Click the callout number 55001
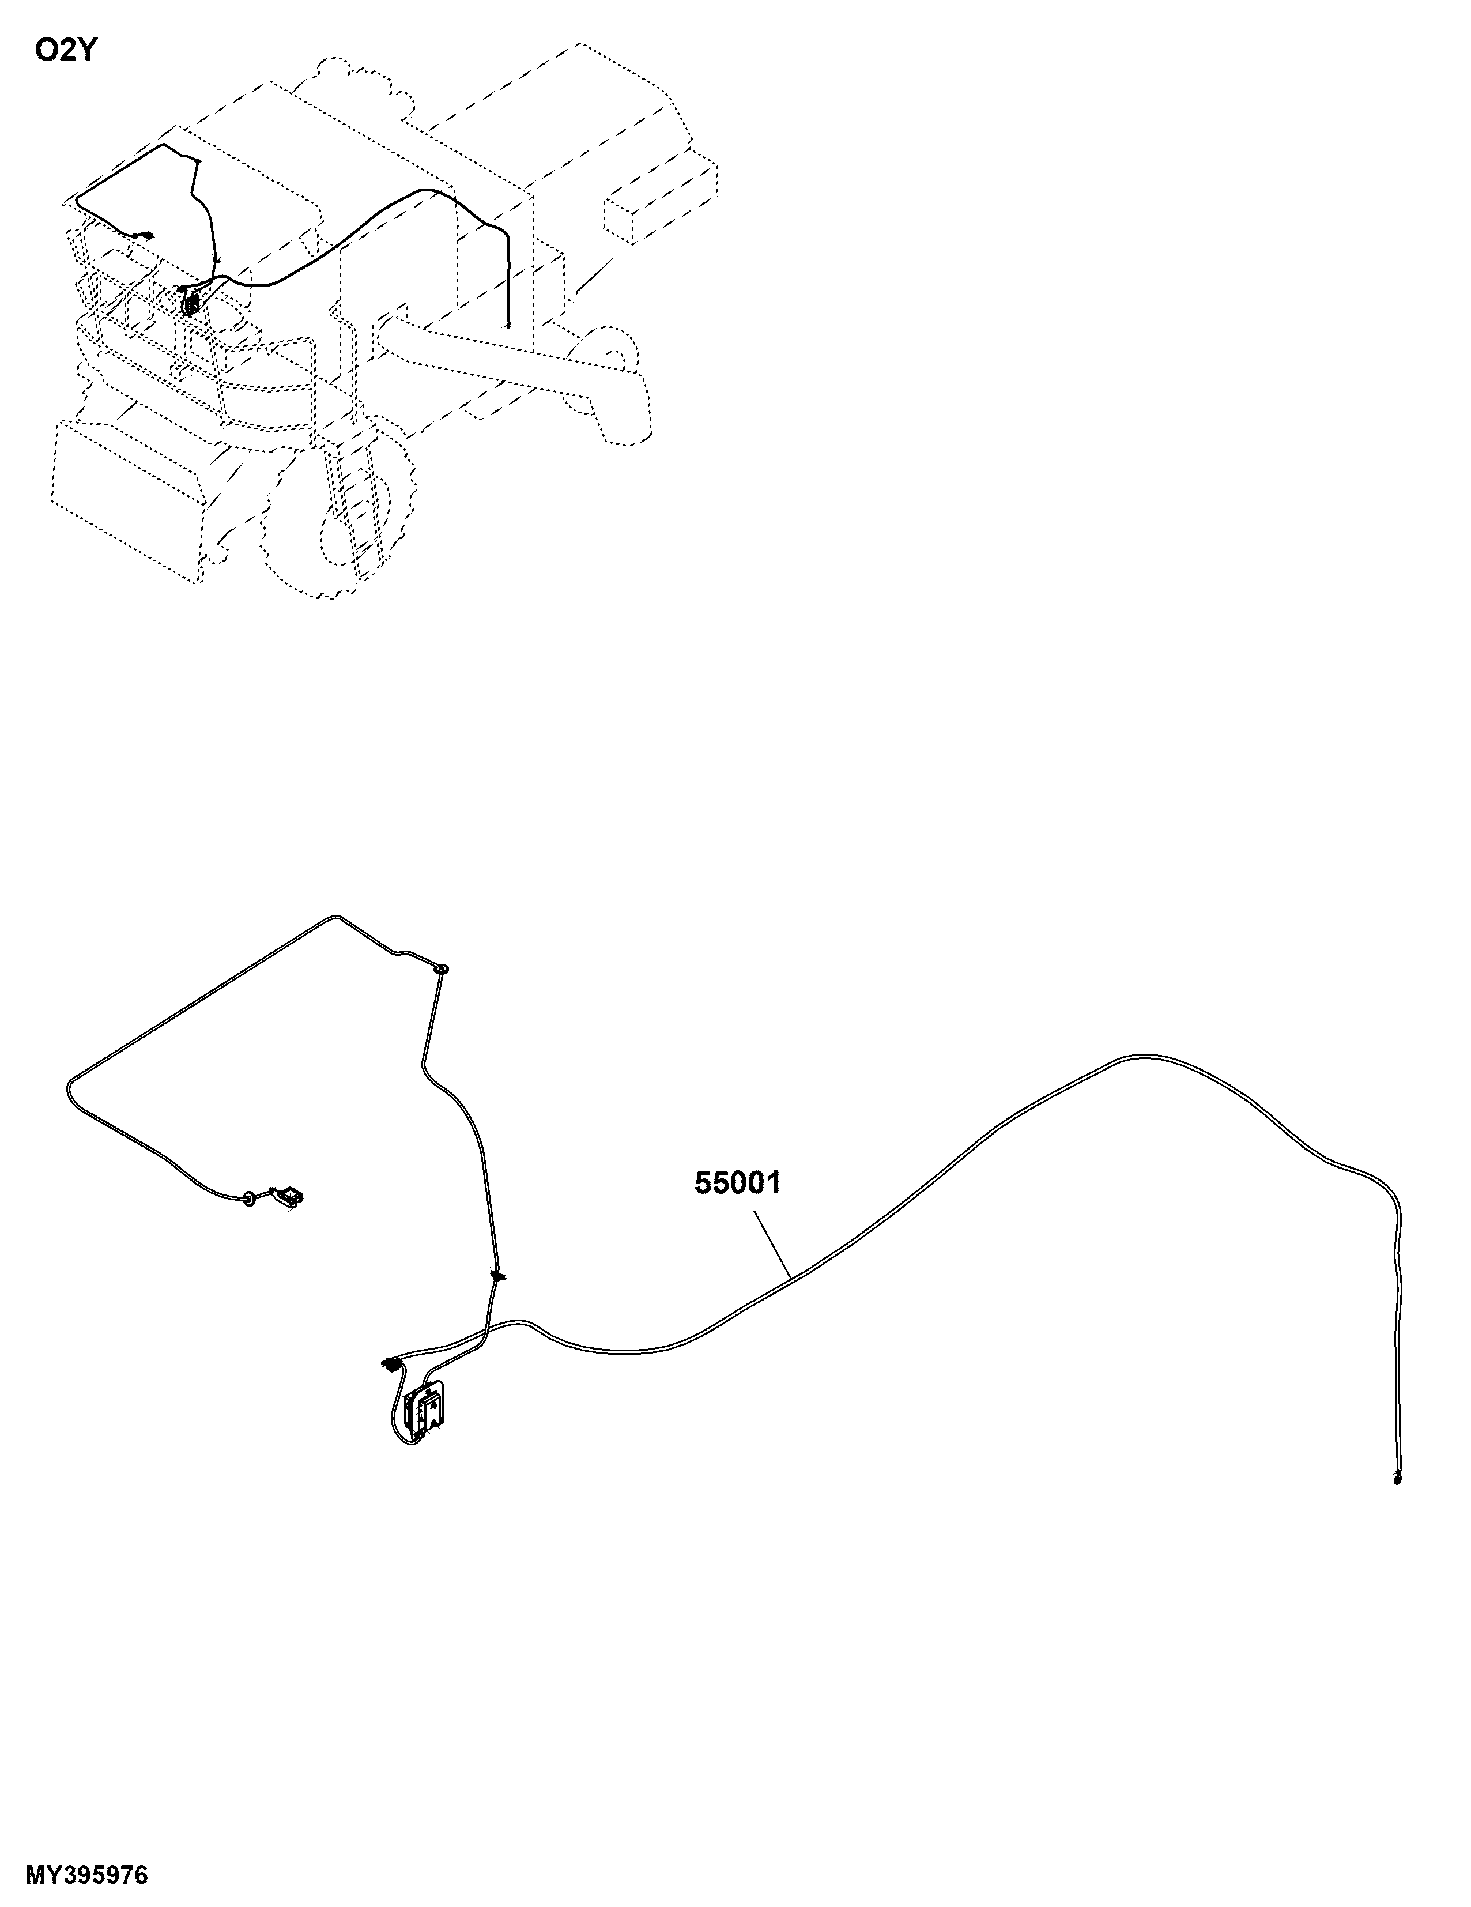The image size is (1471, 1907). (738, 1183)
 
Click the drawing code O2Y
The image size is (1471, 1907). (65, 51)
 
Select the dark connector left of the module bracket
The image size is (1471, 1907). (389, 1363)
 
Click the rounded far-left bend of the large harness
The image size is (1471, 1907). (70, 1089)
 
